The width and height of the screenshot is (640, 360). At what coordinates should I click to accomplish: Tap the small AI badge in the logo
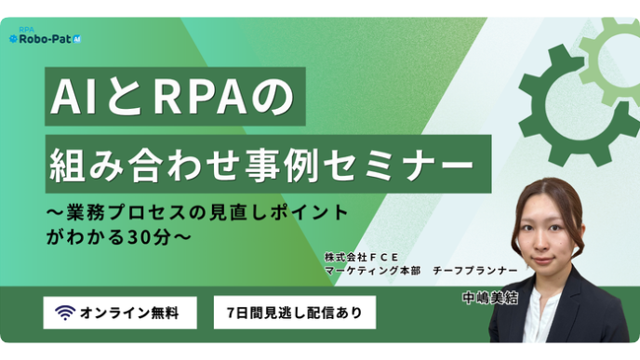[x=76, y=39]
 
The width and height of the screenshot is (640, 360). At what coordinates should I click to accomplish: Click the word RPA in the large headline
[x=200, y=97]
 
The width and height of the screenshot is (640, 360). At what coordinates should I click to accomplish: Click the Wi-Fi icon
[x=65, y=313]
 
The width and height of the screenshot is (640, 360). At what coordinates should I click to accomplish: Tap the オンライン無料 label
[x=129, y=313]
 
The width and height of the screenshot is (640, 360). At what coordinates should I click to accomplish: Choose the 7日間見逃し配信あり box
[x=295, y=313]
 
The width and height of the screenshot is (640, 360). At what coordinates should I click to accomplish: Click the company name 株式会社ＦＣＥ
[x=361, y=257]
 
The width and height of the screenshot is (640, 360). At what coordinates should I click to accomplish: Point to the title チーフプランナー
[x=475, y=270]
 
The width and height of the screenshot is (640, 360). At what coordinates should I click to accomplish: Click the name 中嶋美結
[x=490, y=299]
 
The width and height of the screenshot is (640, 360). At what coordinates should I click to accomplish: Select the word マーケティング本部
[x=373, y=270]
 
